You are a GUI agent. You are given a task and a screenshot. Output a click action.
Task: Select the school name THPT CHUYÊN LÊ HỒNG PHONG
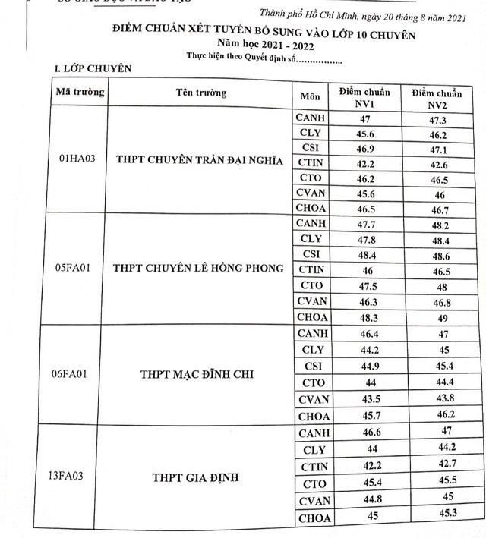tap(198, 269)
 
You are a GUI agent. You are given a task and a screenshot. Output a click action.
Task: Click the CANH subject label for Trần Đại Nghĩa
tap(311, 118)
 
